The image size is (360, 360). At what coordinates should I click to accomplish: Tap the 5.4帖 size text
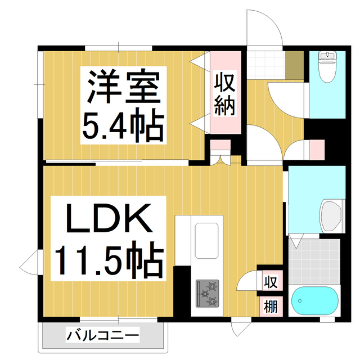[x=124, y=126]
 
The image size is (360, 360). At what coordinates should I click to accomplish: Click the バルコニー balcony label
[x=102, y=336]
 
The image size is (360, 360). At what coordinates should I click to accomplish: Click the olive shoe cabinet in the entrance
[x=293, y=65]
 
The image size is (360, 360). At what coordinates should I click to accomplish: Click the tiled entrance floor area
[x=265, y=65]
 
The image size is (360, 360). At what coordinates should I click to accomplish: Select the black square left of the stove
[x=181, y=287]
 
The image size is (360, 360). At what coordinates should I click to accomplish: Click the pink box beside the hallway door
[x=316, y=149]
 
